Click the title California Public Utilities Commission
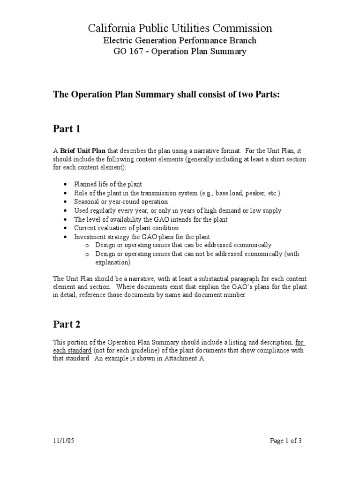click(x=180, y=29)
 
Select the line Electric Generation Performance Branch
click(x=180, y=41)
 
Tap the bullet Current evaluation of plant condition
click(x=126, y=228)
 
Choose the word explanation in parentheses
click(x=114, y=262)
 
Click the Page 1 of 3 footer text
click(x=289, y=441)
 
